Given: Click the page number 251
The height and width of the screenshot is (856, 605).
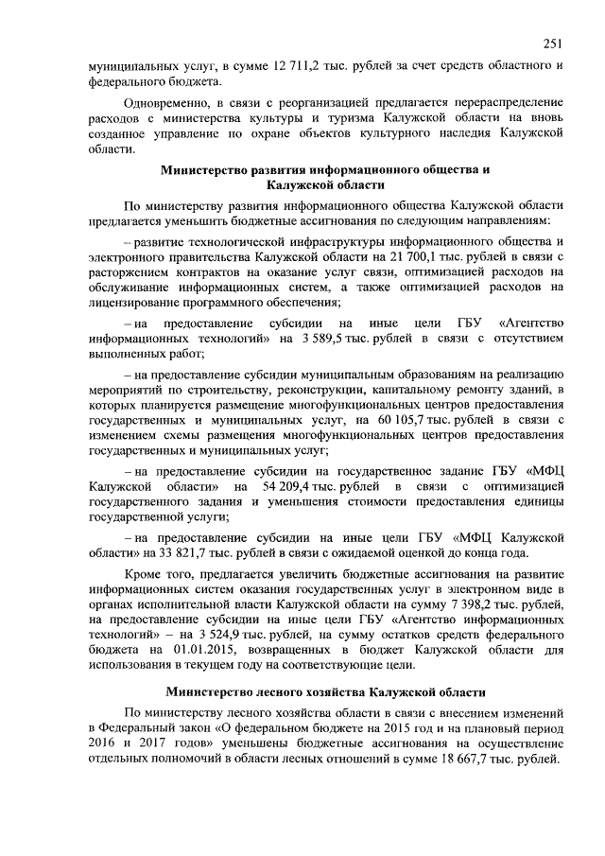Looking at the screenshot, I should [x=554, y=42].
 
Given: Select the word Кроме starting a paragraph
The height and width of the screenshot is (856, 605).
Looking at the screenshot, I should [x=146, y=574].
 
